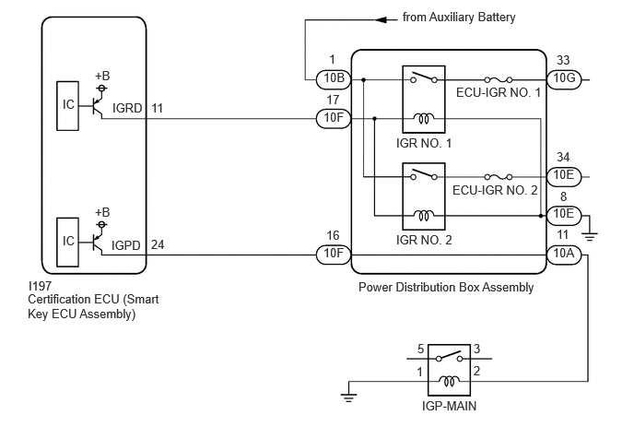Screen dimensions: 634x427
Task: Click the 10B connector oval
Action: (334, 79)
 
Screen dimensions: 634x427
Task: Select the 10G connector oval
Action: (564, 79)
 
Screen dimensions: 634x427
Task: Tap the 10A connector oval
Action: (564, 255)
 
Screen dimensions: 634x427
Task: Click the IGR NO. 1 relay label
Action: (424, 143)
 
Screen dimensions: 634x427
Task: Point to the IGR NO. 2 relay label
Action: (424, 240)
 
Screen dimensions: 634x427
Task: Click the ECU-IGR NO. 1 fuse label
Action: (499, 92)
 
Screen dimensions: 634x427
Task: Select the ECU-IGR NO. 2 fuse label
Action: (495, 190)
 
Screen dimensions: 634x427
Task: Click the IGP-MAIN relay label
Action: (449, 406)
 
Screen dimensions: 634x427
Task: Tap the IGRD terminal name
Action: (127, 109)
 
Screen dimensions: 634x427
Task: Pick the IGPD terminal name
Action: (126, 245)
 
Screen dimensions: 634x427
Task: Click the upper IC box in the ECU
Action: (67, 106)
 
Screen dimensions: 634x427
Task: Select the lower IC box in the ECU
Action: (67, 242)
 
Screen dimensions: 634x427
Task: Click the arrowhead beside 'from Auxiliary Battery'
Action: (381, 19)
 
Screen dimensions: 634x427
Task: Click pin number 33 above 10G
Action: (563, 60)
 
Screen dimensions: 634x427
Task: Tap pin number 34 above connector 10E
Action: (563, 157)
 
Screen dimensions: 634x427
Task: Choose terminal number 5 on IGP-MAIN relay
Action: (420, 349)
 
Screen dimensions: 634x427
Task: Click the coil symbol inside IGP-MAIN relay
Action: (449, 381)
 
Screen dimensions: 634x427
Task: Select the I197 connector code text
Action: (40, 286)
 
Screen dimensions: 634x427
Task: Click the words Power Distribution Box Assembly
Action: (446, 288)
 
